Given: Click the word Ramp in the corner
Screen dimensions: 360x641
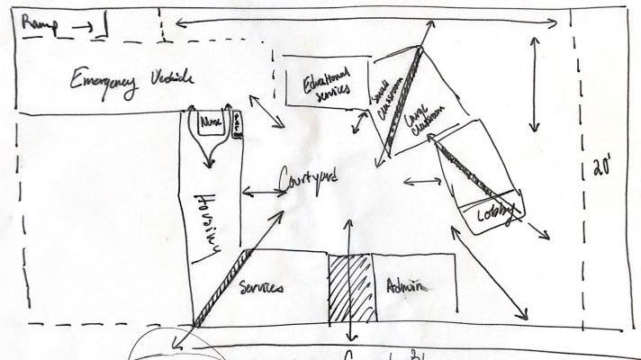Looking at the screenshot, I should pyautogui.click(x=37, y=25).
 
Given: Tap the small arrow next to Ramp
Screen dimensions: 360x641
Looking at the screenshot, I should pyautogui.click(x=82, y=27).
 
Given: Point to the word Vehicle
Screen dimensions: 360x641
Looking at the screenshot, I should pyautogui.click(x=169, y=80).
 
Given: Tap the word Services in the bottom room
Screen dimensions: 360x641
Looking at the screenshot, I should pyautogui.click(x=263, y=289).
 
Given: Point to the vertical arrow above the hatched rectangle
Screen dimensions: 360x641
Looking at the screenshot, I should pyautogui.click(x=349, y=235).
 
